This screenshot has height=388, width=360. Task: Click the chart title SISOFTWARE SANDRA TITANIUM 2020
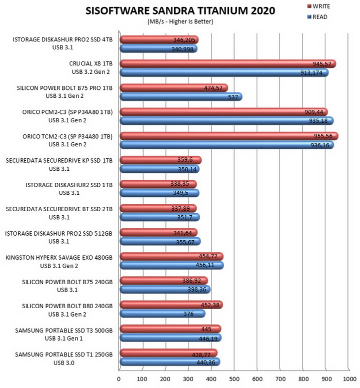(180, 11)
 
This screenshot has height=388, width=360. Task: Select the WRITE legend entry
(318, 6)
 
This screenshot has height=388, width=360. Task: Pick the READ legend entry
(317, 17)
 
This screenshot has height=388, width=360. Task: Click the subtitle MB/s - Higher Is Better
(180, 21)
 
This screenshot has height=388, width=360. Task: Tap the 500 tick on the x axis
(234, 379)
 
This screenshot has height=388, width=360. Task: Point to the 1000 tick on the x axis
(349, 379)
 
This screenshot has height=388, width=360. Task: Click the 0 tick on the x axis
(118, 379)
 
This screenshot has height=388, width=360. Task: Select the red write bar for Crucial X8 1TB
(228, 64)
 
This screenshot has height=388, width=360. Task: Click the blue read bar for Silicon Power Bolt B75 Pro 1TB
(181, 97)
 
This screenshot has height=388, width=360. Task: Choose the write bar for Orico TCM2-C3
(229, 136)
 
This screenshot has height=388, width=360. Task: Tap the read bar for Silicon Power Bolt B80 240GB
(162, 314)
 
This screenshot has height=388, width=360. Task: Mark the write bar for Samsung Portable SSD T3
(170, 329)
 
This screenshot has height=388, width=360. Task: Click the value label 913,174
(311, 73)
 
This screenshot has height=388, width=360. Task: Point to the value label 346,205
(184, 40)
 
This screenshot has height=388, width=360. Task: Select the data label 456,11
(204, 265)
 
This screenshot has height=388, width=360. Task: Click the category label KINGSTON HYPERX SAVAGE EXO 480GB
(59, 258)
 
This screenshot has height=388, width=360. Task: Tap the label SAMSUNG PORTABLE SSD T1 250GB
(63, 355)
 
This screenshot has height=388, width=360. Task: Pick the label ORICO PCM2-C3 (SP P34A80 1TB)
(67, 112)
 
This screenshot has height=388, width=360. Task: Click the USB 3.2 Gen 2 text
(90, 72)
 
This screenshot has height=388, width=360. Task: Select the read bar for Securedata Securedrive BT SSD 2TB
(160, 217)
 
